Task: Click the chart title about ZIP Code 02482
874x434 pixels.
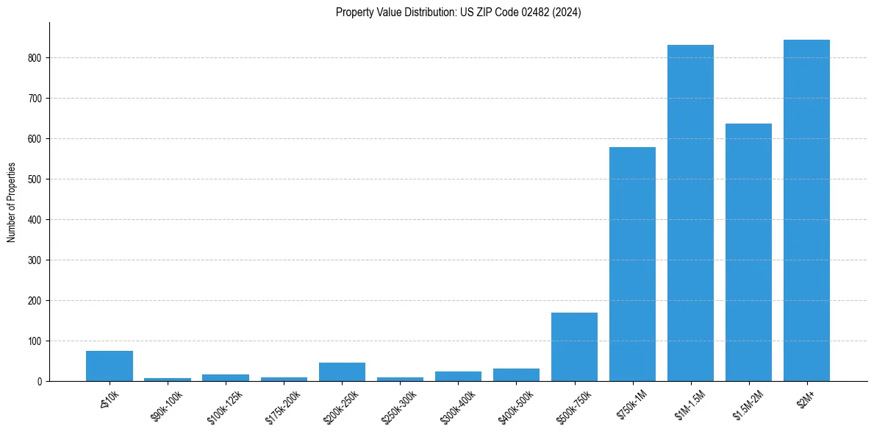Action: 458,13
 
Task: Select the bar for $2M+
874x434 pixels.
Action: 806,210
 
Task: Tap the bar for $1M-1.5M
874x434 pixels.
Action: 690,213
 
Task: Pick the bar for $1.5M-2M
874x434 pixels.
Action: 748,252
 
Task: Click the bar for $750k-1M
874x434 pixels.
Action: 632,264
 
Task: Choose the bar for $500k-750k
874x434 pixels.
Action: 574,347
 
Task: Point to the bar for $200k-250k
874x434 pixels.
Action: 342,372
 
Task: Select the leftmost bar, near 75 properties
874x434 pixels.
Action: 110,366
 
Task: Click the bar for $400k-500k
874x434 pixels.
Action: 516,375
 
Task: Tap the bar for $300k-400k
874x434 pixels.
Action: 458,377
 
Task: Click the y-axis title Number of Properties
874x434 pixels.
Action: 12,202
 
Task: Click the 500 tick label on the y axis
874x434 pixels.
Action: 36,179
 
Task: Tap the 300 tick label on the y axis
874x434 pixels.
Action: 36,260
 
